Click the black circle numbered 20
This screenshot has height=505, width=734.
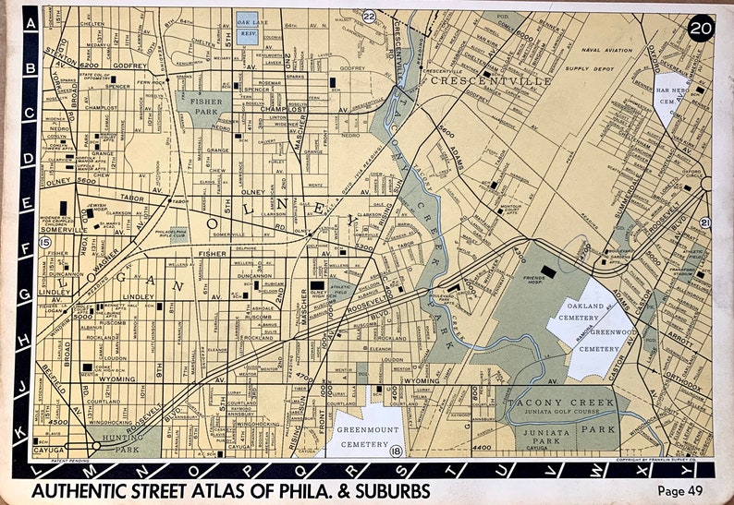700,29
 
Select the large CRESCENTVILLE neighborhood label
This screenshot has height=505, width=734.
490,81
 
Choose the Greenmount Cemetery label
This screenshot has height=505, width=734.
359,435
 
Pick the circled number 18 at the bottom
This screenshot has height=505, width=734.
396,450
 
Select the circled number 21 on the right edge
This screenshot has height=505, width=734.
705,222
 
